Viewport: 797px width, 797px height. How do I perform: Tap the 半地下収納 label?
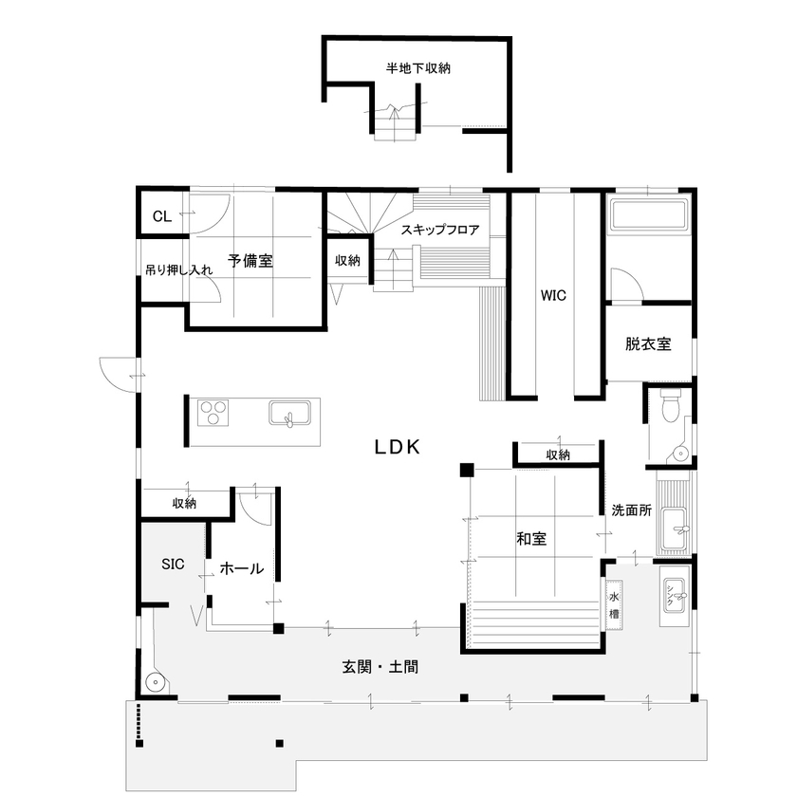coord(417,68)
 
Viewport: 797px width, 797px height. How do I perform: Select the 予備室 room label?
coord(250,261)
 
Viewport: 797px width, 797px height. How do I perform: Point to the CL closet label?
coord(162,216)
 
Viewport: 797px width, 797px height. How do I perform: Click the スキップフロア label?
coord(439,230)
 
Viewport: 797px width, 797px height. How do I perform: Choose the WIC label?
coord(553,295)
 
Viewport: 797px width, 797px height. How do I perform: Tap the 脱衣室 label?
coord(648,343)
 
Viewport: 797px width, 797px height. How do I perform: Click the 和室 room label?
coord(530,539)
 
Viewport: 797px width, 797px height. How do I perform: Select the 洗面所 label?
coord(631,510)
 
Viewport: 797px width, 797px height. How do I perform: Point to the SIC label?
coord(172,564)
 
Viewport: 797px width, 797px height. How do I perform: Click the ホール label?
coord(242,568)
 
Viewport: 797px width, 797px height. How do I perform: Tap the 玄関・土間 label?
coord(380,667)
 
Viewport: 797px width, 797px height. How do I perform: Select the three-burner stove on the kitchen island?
coord(214,414)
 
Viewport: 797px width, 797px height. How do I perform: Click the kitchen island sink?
coord(288,415)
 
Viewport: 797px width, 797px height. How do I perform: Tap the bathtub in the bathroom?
coord(649,214)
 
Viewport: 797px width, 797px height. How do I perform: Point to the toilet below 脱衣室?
coord(671,409)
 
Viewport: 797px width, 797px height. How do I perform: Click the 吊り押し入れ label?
coord(177,270)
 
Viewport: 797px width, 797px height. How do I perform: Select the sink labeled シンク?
coord(675,598)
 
